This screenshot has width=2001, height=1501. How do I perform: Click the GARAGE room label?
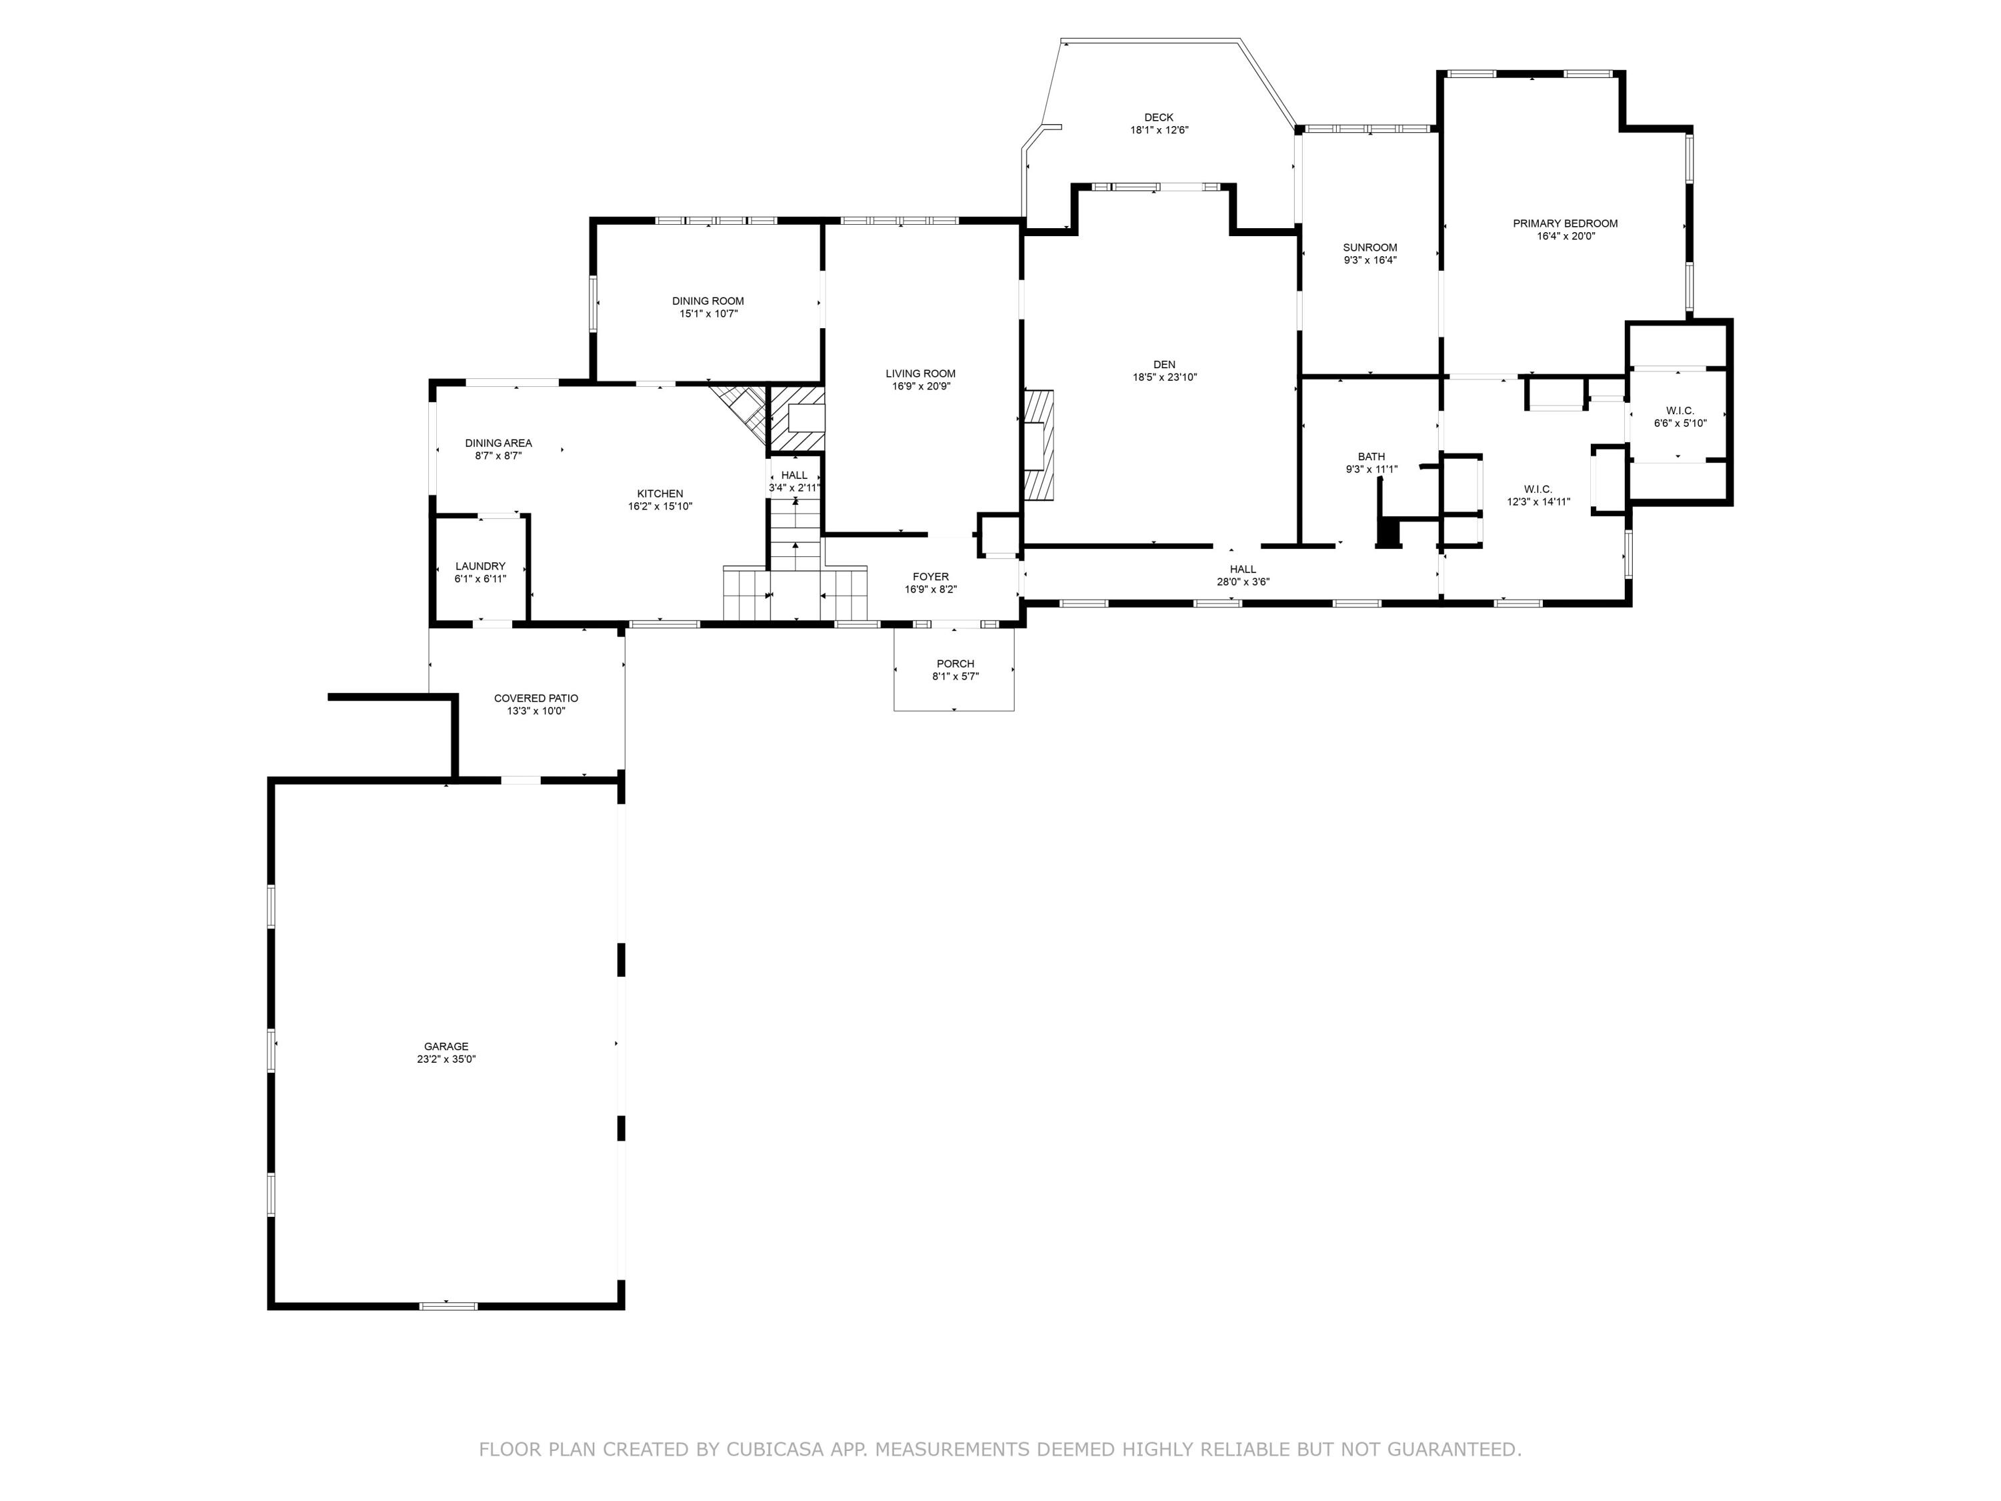[x=446, y=1046]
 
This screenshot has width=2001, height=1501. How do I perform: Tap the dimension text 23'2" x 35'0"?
[x=446, y=1059]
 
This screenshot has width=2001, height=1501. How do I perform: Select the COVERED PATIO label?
[x=536, y=698]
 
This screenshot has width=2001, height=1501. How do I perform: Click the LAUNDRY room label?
[x=480, y=566]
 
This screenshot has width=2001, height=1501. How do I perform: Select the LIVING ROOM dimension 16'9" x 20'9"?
[x=920, y=386]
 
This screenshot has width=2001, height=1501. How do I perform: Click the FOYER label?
[x=930, y=576]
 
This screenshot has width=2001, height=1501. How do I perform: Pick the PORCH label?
[x=955, y=663]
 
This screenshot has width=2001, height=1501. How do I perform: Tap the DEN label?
[x=1164, y=365]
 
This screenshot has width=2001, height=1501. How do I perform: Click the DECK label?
[x=1158, y=117]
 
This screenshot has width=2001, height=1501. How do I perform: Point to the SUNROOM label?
[x=1369, y=247]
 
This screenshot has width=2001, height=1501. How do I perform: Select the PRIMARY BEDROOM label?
[x=1565, y=223]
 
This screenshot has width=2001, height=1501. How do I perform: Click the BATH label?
[x=1371, y=456]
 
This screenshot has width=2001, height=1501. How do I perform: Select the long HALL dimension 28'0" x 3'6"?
[x=1243, y=582]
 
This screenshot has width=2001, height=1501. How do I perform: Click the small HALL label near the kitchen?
[x=794, y=475]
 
